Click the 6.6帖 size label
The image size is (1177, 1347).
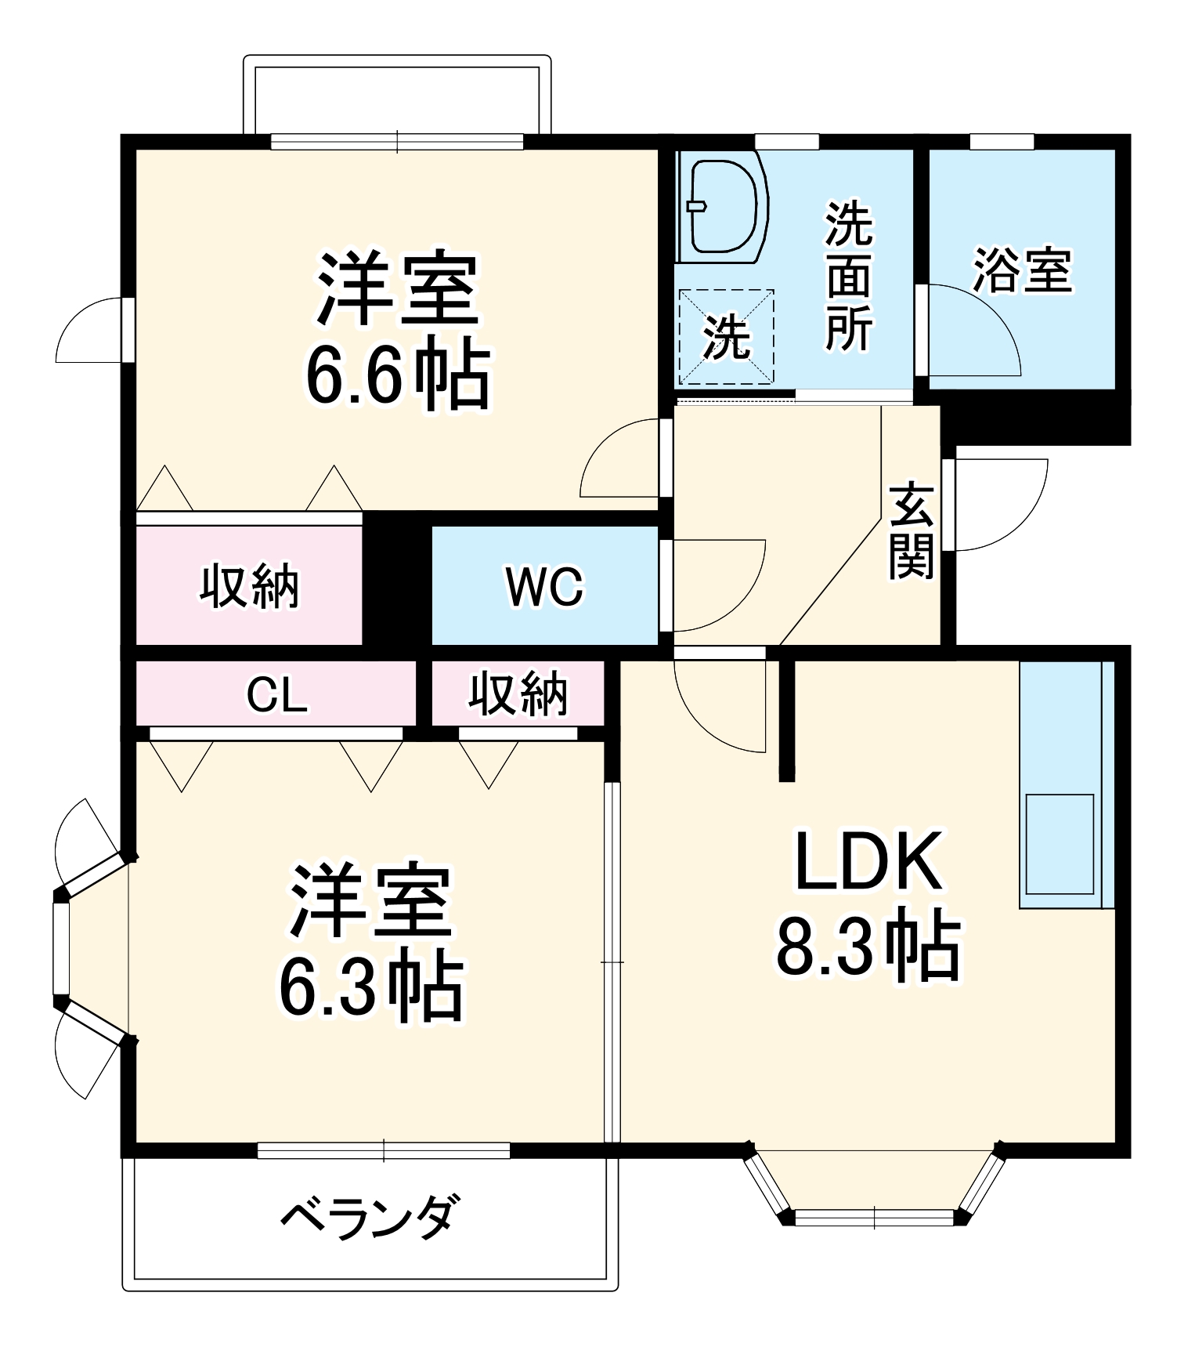pyautogui.click(x=397, y=375)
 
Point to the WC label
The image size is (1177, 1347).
pyautogui.click(x=545, y=586)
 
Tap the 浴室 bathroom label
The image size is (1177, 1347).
pyautogui.click(x=1022, y=271)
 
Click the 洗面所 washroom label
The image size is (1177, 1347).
pyautogui.click(x=848, y=276)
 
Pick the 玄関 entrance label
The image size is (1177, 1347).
pyautogui.click(x=911, y=532)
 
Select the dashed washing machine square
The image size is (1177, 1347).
pyautogui.click(x=726, y=337)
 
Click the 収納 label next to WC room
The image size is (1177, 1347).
pyautogui.click(x=249, y=586)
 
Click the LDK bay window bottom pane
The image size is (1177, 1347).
pyautogui.click(x=874, y=1218)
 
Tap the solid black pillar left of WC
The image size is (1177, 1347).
pyautogui.click(x=396, y=580)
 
